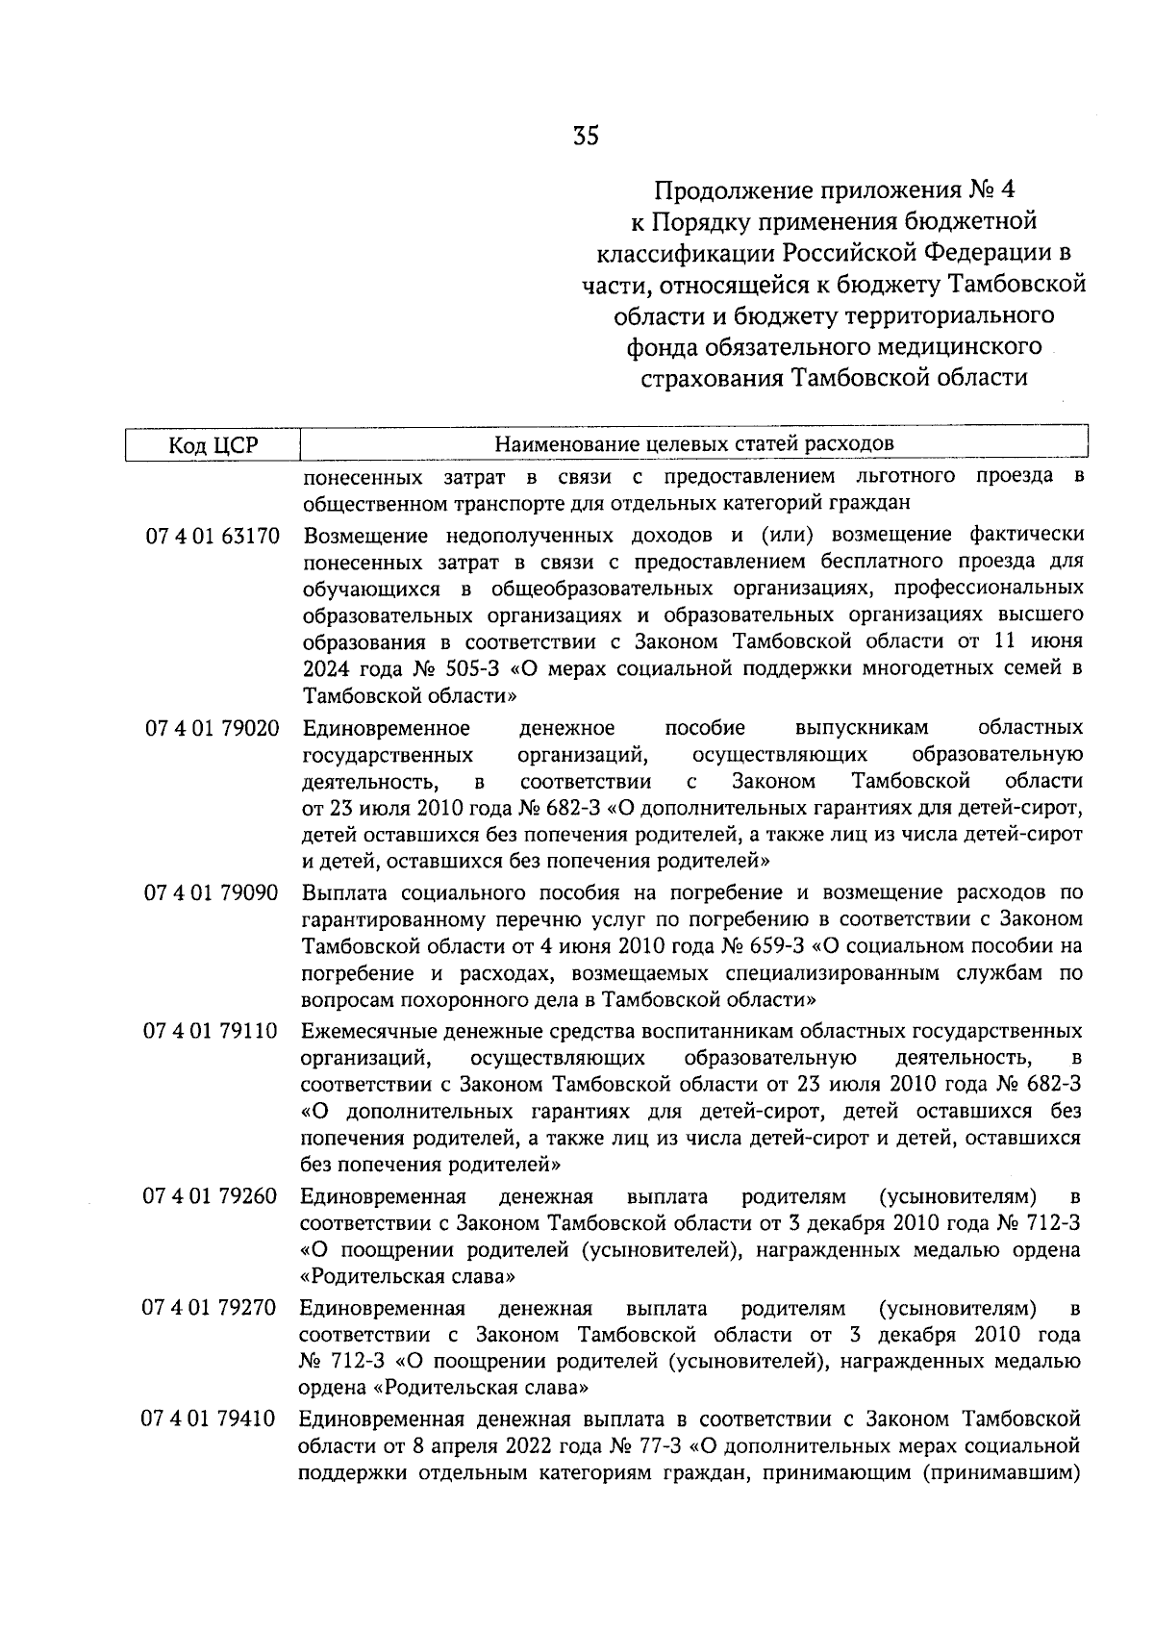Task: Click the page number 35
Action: [x=585, y=137]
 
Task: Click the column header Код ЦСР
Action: [x=213, y=444]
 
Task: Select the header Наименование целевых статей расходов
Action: [x=693, y=443]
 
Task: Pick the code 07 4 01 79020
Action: [x=213, y=728]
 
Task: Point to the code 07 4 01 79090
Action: [x=213, y=893]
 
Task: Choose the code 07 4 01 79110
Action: [x=212, y=1032]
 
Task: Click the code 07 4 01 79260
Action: [x=211, y=1197]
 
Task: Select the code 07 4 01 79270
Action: [x=211, y=1309]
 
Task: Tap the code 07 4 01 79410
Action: [x=211, y=1419]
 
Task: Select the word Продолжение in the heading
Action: [x=717, y=189]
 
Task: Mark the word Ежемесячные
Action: [x=367, y=1032]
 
